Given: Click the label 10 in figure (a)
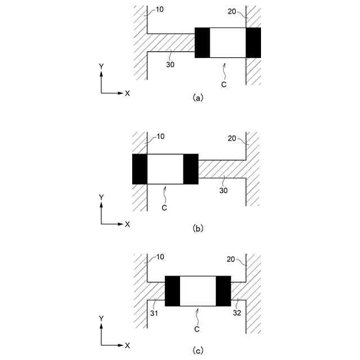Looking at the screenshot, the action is click(160, 10).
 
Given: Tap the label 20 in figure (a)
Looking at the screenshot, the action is click(233, 11).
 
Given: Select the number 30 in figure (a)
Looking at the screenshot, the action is click(170, 64).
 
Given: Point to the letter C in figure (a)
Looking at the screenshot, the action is click(223, 84).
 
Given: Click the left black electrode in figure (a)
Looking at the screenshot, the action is click(202, 42).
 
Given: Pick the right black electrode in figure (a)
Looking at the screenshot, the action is click(254, 42).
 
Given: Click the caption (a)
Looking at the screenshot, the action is click(197, 97).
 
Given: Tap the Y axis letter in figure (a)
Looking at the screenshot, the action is click(101, 66).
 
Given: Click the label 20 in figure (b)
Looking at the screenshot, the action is click(233, 137).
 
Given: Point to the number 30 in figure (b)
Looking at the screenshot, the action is click(223, 191).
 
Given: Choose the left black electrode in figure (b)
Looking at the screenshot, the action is click(139, 169).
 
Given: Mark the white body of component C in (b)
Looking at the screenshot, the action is click(165, 169).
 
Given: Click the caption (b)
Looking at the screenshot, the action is click(197, 228).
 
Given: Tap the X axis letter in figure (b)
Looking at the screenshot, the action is click(127, 224).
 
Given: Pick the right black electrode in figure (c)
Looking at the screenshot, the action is click(223, 291).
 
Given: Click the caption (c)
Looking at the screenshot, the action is click(197, 350).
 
